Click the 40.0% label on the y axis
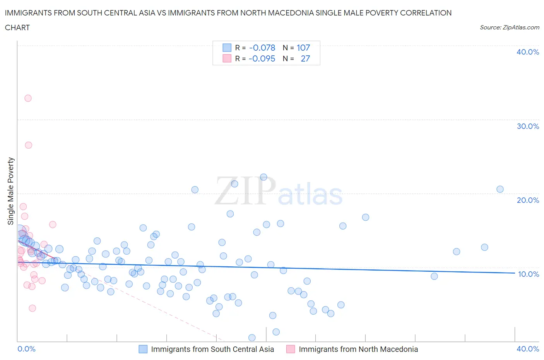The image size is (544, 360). [x=527, y=52]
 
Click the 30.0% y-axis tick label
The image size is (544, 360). [x=527, y=126]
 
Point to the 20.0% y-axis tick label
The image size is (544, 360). [x=527, y=200]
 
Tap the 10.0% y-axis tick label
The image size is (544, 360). [x=528, y=274]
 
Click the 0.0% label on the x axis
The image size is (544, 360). [x=26, y=349]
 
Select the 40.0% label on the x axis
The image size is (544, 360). [x=527, y=349]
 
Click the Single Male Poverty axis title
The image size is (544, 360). [x=11, y=191]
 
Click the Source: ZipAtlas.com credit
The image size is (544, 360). [x=509, y=27]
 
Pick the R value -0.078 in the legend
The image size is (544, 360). [x=262, y=48]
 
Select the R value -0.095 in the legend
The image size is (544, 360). [x=262, y=58]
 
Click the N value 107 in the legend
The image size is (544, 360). [x=303, y=48]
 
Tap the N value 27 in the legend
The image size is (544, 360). [x=305, y=58]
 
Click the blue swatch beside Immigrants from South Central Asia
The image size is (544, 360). [x=143, y=349]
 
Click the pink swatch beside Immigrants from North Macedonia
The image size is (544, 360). [x=291, y=349]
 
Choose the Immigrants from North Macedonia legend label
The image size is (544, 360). [x=358, y=349]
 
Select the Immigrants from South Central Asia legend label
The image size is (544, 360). [x=212, y=349]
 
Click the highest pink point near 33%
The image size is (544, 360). [x=28, y=98]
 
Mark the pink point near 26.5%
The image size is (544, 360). [x=28, y=145]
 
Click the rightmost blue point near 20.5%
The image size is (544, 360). [x=500, y=189]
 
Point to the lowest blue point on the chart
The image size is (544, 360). [x=252, y=338]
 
